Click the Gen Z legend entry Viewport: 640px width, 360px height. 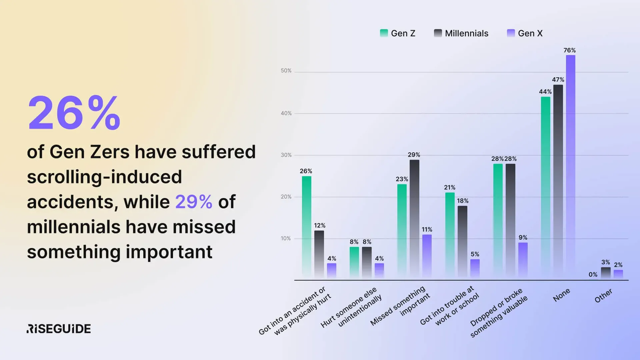point(398,33)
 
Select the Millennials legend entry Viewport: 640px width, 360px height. point(461,33)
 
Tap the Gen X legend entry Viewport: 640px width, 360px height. point(525,33)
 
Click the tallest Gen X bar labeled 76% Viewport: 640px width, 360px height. point(570,167)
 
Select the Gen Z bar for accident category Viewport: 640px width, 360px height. point(306,227)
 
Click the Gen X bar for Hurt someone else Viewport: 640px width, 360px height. point(379,270)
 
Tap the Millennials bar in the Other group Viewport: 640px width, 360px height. point(606,272)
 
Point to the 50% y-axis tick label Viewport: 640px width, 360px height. point(286,71)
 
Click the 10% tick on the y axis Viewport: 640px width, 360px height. point(286,238)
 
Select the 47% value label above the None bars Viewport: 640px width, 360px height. point(558,80)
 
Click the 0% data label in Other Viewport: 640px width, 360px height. point(593,275)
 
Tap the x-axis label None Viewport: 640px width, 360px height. point(561,295)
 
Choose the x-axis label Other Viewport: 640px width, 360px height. point(603,296)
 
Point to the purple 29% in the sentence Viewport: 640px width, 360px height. point(194,202)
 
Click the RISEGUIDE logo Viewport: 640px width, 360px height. point(59,329)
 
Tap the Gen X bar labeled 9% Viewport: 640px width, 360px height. point(523,260)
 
